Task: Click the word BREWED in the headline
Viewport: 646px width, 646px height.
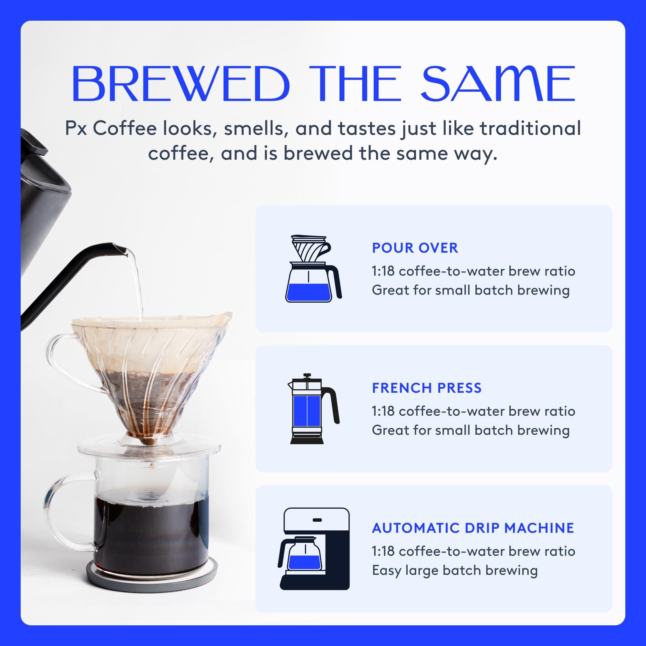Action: [181, 84]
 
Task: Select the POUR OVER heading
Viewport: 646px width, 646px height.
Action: [415, 248]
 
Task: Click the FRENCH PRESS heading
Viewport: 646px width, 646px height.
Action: [427, 388]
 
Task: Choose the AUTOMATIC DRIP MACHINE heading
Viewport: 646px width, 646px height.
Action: [473, 528]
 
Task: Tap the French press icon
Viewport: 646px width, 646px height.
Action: [313, 409]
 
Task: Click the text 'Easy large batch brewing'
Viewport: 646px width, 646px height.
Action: [455, 570]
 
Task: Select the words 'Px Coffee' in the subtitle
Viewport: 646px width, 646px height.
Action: [111, 129]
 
